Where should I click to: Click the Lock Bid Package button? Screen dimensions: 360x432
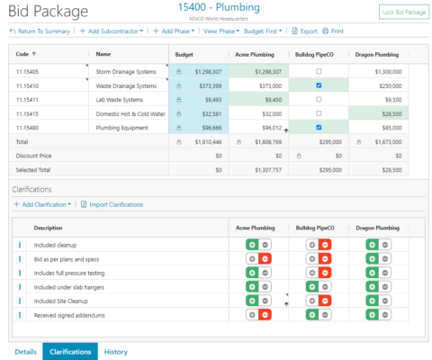[x=403, y=12]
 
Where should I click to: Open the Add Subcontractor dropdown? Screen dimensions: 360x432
[x=112, y=31]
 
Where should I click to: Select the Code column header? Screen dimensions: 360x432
[x=29, y=54]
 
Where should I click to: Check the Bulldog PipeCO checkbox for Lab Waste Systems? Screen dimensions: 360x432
[x=319, y=99]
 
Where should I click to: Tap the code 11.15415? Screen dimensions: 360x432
[x=29, y=113]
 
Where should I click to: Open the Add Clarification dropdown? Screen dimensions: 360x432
[x=42, y=204]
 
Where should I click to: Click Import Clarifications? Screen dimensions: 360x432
[x=113, y=204]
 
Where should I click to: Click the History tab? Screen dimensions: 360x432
[x=115, y=352]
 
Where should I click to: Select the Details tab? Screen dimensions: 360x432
[x=25, y=352]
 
